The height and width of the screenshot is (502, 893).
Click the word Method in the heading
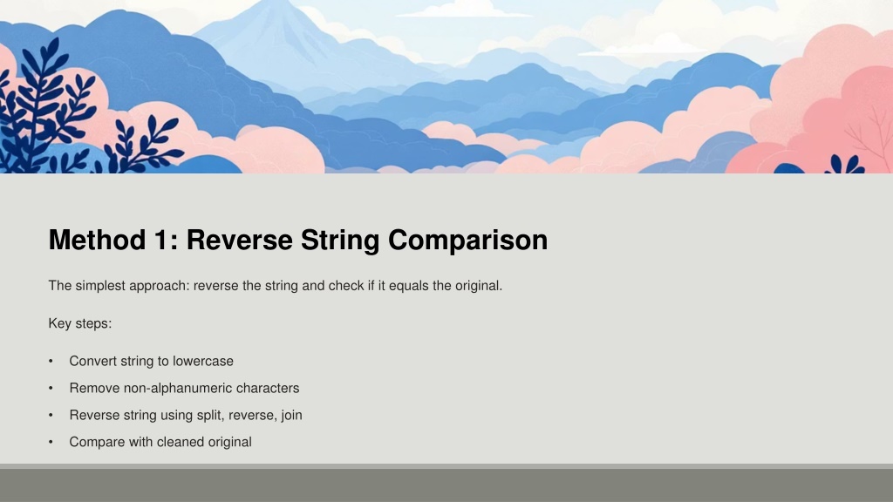click(x=97, y=240)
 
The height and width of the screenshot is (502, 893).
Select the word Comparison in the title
click(x=467, y=241)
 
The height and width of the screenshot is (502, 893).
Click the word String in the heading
click(x=340, y=241)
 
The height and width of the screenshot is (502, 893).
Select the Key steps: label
click(x=80, y=324)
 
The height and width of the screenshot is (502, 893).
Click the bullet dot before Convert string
click(x=51, y=361)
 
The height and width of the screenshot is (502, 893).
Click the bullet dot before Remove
click(x=51, y=388)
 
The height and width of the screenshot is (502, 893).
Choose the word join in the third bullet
click(x=291, y=416)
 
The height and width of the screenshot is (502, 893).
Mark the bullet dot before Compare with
click(x=51, y=442)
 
